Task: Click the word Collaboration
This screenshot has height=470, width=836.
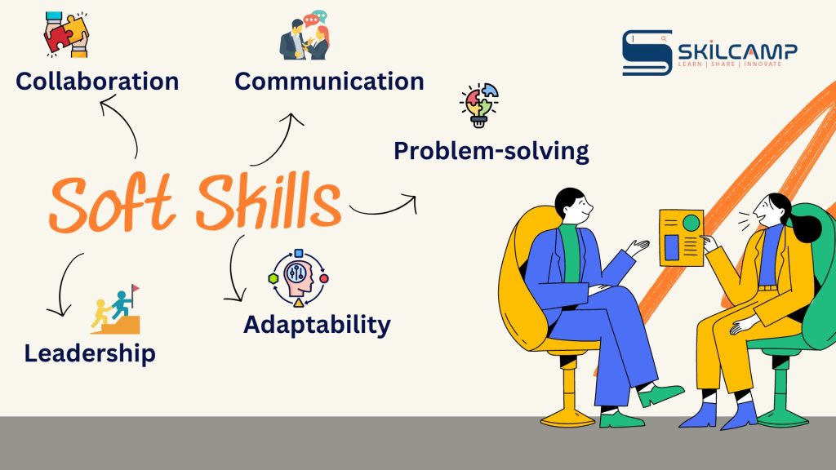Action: point(97,82)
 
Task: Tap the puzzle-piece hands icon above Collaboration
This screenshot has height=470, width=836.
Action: point(66,34)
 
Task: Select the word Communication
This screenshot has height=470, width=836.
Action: point(330,82)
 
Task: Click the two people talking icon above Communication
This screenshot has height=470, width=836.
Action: point(305,35)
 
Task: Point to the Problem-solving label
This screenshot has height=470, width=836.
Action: point(491,151)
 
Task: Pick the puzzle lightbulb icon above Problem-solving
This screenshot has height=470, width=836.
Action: point(479,105)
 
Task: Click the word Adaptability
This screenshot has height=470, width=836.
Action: point(317,325)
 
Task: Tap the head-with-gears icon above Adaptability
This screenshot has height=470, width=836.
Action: point(298,278)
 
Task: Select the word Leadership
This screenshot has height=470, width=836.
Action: point(90,353)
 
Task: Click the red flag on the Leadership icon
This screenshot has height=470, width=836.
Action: point(135,288)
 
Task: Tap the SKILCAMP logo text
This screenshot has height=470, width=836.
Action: point(737,51)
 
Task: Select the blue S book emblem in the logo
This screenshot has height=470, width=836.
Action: point(647,53)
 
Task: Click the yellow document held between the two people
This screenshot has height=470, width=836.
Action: point(682,237)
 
